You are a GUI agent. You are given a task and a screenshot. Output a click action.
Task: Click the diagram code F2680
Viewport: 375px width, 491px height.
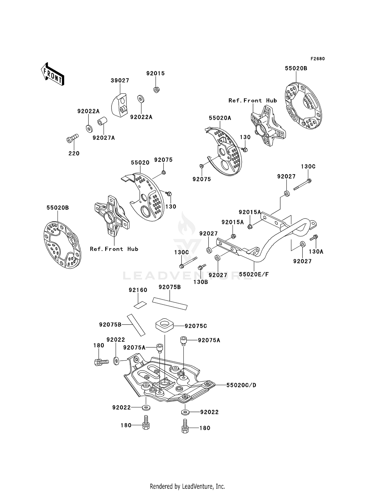[x=317, y=59]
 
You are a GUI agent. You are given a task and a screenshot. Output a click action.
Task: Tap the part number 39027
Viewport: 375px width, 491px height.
[x=120, y=80]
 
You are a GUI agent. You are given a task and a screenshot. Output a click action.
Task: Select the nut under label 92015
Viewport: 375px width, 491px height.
[x=156, y=89]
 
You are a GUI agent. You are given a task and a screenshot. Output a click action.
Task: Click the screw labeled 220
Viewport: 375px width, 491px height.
[x=72, y=138]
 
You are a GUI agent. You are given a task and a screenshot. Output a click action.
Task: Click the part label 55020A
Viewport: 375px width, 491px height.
[x=220, y=118]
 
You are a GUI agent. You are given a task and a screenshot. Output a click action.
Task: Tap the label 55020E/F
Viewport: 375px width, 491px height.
[x=254, y=274]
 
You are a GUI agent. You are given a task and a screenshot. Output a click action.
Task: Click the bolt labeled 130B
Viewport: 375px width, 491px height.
[x=202, y=267]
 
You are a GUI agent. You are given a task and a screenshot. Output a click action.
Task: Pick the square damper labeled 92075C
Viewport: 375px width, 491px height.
[x=164, y=325]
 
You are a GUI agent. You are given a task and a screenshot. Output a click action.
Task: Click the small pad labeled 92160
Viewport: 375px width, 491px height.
[x=140, y=305]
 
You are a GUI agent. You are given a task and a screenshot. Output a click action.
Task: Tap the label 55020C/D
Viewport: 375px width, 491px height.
[x=241, y=385]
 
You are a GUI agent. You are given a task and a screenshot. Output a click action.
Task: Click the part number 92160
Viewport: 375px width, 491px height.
[x=138, y=290]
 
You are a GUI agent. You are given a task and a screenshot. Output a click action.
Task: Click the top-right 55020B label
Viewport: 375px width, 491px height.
[x=296, y=68]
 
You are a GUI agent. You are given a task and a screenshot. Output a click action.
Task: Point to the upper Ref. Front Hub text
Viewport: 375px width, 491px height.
[x=253, y=100]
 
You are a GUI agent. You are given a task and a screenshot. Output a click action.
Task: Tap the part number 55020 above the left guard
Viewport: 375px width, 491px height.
[x=140, y=163]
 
